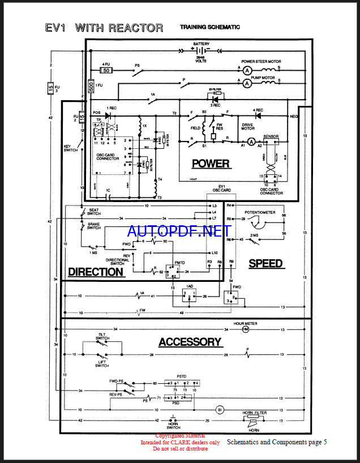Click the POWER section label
tap(211, 164)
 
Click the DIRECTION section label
tap(96, 272)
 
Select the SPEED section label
tap(265, 263)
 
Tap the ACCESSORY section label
tap(190, 342)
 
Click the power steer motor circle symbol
tap(247, 70)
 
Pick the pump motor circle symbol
tap(247, 84)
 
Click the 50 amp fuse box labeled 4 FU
tap(106, 70)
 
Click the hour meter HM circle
tap(246, 329)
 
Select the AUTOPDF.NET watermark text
tap(179, 231)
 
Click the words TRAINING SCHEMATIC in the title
tap(209, 27)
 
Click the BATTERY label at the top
tap(202, 44)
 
